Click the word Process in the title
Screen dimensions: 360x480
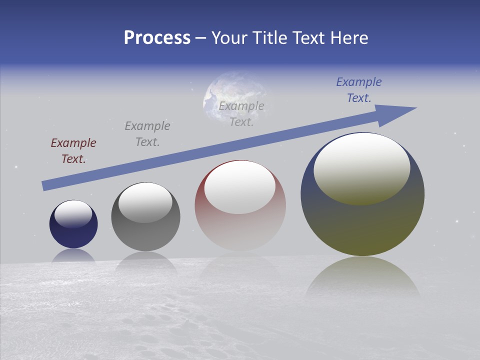click(157, 38)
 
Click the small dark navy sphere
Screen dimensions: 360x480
click(73, 235)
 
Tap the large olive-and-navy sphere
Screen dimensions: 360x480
click(362, 225)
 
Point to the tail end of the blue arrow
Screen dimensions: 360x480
click(45, 185)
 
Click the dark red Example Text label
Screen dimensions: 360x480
click(73, 151)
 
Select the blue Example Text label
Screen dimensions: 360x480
click(359, 90)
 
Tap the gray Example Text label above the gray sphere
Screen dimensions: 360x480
click(147, 134)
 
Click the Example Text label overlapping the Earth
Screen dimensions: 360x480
click(241, 114)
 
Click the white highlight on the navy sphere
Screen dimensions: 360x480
click(73, 214)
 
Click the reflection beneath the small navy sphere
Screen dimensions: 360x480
click(73, 256)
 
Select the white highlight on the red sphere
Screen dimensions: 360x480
click(240, 187)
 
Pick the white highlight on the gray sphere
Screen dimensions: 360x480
click(145, 202)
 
